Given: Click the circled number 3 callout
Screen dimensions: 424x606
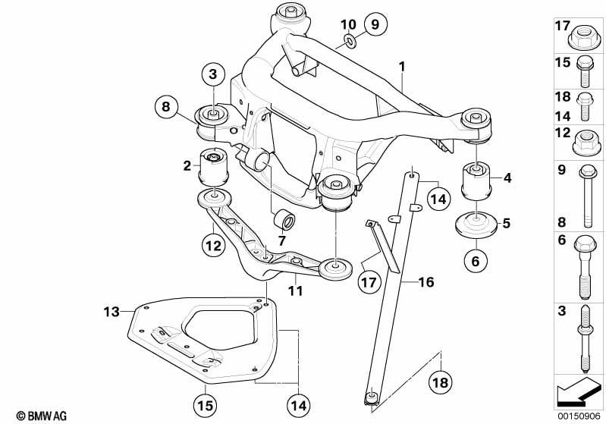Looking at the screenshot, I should [213, 74].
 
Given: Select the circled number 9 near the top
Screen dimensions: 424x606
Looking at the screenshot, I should [372, 25].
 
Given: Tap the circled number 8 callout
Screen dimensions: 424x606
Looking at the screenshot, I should [167, 106].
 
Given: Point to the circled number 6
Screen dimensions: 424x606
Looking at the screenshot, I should [476, 262].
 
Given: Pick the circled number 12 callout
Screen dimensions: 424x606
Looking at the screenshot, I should [212, 245].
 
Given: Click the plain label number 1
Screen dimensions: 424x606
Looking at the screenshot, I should [402, 67].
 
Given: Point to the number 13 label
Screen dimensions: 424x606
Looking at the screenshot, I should [111, 311].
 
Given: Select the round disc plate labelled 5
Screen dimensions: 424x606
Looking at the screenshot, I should [475, 227].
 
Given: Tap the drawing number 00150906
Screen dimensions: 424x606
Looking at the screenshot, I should [579, 416].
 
